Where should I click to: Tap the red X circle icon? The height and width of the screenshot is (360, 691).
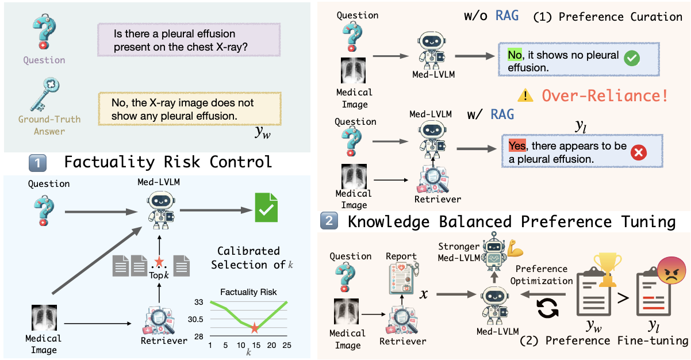[x=639, y=152]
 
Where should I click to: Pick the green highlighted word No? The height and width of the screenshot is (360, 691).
[x=516, y=55]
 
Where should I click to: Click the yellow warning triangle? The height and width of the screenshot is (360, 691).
[x=524, y=95]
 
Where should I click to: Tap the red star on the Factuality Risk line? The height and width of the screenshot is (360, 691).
[x=254, y=329]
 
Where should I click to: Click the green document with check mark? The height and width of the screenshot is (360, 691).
[x=266, y=208]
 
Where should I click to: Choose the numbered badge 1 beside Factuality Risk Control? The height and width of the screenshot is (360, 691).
[x=38, y=163]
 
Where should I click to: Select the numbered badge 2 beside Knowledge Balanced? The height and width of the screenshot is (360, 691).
[x=328, y=221]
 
